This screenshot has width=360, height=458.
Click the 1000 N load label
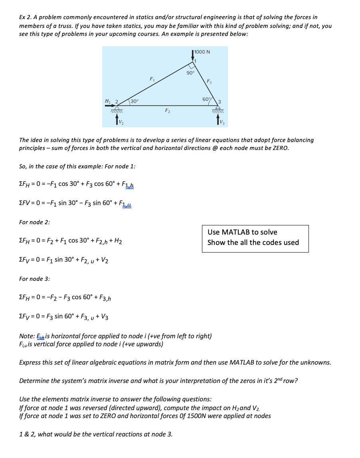pos(203,52)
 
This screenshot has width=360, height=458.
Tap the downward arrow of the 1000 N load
pos(193,56)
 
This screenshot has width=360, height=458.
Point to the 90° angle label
pos(190,73)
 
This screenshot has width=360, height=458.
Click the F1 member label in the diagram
pos(151,78)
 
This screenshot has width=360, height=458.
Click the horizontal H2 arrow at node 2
pos(110,106)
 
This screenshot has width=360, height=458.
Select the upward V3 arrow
pos(218,120)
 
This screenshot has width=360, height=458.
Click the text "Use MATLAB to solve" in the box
pos(242,232)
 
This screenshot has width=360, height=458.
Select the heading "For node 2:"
pos(34,222)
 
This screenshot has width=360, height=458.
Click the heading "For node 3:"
pos(34,279)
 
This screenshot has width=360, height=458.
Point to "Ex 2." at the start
pos(26,17)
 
